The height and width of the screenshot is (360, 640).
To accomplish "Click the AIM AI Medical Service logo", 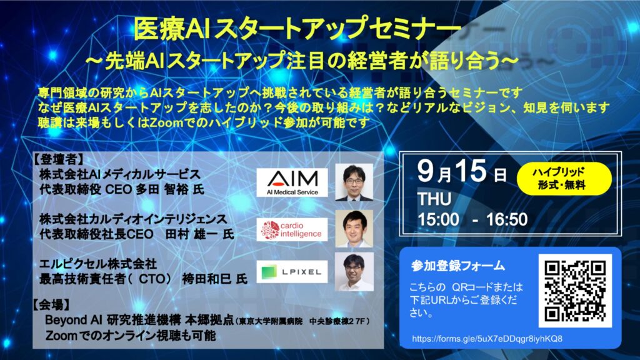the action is tap(292, 182).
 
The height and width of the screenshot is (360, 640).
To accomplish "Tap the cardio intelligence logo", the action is tap(292, 229).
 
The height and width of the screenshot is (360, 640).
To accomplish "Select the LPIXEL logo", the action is tap(292, 272).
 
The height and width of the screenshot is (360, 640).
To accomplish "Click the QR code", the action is tap(575, 291).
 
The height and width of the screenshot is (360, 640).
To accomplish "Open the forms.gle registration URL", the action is tap(487, 339).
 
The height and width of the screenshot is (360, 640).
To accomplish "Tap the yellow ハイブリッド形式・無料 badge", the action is tap(564, 179).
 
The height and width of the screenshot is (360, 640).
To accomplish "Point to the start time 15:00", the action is tap(438, 219).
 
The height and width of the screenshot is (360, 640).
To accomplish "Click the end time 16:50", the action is tap(507, 219).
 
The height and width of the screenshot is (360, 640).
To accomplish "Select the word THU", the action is tap(434, 199).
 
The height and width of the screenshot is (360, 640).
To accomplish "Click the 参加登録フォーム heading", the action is tap(458, 266).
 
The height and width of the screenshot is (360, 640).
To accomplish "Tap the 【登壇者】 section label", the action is tap(58, 159).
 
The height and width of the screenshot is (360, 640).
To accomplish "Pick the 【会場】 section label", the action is tap(52, 304).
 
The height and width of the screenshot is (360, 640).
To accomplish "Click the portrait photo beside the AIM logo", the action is tap(354, 182).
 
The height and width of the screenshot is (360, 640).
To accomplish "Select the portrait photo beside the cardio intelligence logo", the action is tap(354, 229).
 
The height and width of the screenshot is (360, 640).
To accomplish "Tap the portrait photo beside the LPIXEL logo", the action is tap(354, 271).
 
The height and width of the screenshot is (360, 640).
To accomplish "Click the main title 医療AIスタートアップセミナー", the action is tap(297, 29).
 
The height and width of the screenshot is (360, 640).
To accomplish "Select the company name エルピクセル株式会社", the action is tap(98, 264).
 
